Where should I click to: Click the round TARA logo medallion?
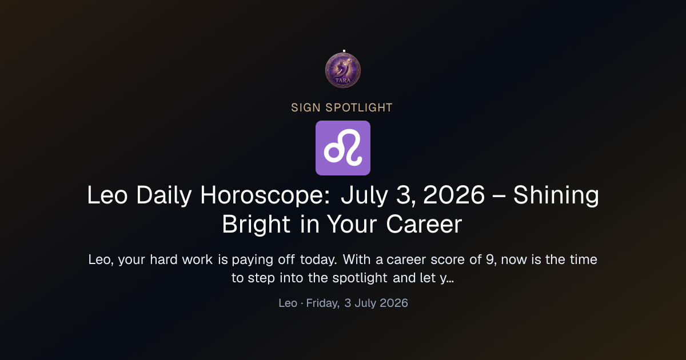coord(343,70)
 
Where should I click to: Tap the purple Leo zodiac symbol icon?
coord(343,148)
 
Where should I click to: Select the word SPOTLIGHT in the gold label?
coord(359,108)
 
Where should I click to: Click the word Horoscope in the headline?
coord(265,195)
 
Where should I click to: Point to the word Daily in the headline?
coord(164,195)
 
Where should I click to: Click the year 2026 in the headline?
coord(454,195)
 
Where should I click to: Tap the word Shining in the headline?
coord(556,195)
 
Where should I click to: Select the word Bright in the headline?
coord(256,225)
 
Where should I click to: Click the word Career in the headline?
coord(424,225)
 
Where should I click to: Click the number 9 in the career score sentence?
coord(489,259)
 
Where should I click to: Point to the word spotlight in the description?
coord(360,278)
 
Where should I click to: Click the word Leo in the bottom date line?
coord(288,303)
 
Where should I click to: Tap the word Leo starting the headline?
coord(107,195)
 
